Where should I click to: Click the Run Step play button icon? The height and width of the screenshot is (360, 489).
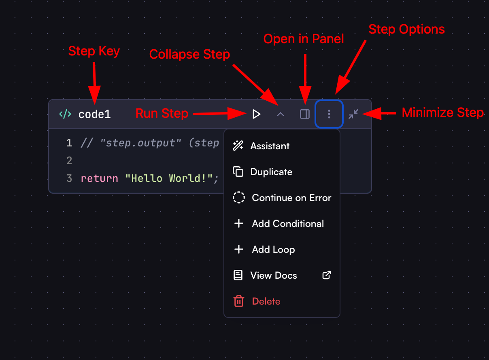click(x=256, y=114)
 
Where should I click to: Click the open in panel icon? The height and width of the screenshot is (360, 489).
click(x=304, y=114)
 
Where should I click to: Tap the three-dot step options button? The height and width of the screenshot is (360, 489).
click(x=329, y=114)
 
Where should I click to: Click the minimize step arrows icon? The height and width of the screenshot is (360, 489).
click(x=353, y=114)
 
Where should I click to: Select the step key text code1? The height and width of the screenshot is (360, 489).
click(x=94, y=114)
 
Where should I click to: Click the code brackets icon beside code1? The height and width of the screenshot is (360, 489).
click(x=65, y=114)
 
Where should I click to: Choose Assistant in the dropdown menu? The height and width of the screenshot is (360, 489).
click(x=270, y=146)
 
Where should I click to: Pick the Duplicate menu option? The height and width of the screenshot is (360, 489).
click(x=271, y=172)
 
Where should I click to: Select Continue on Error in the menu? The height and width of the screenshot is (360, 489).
click(x=291, y=198)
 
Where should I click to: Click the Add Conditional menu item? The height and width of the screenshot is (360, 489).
click(x=287, y=224)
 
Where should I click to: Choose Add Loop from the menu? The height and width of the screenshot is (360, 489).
click(x=273, y=250)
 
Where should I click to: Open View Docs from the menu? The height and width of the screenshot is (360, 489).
click(x=274, y=275)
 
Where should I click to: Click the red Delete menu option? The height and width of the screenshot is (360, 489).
click(x=266, y=301)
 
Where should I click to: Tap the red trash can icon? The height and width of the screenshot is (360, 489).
click(x=239, y=301)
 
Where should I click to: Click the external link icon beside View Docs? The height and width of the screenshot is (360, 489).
click(x=326, y=275)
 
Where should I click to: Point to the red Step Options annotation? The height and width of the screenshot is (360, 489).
click(x=406, y=30)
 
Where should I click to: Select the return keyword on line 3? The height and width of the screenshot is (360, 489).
click(x=99, y=178)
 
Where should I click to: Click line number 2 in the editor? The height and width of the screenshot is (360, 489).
click(x=69, y=161)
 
